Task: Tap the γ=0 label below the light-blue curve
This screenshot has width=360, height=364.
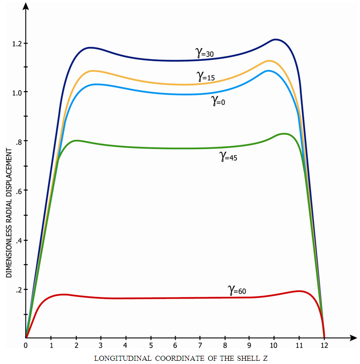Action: pyautogui.click(x=218, y=101)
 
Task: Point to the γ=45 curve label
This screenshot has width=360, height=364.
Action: pyautogui.click(x=228, y=157)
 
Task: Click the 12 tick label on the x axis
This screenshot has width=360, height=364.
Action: pyautogui.click(x=324, y=345)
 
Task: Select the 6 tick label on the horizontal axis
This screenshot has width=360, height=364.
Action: pyautogui.click(x=175, y=345)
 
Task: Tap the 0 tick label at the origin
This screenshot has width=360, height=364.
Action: pyautogui.click(x=26, y=345)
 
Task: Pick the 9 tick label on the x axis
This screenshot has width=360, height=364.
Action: pyautogui.click(x=249, y=345)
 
